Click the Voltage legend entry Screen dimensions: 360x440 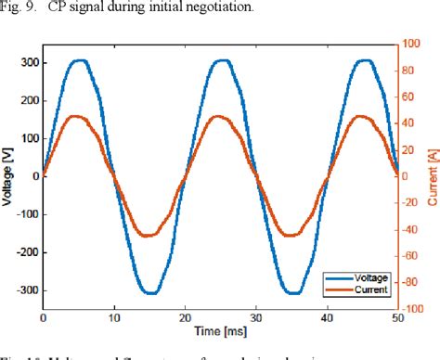click(x=364, y=276)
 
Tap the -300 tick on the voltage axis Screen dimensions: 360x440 click(x=24, y=289)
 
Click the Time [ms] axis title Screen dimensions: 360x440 click(x=220, y=331)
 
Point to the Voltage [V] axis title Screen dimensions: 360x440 click(x=7, y=176)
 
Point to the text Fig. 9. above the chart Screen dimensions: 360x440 click(x=19, y=8)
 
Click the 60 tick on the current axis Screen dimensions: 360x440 click(x=409, y=97)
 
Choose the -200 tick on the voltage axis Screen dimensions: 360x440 click(x=24, y=252)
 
